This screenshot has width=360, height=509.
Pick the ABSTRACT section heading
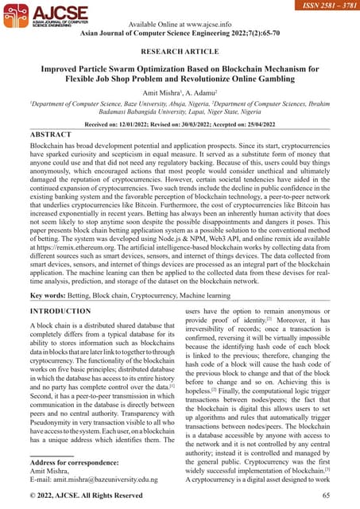[x=51, y=135]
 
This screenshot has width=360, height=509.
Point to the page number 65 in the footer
[x=326, y=496]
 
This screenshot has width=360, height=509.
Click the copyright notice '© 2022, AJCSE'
[x=64, y=496]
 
